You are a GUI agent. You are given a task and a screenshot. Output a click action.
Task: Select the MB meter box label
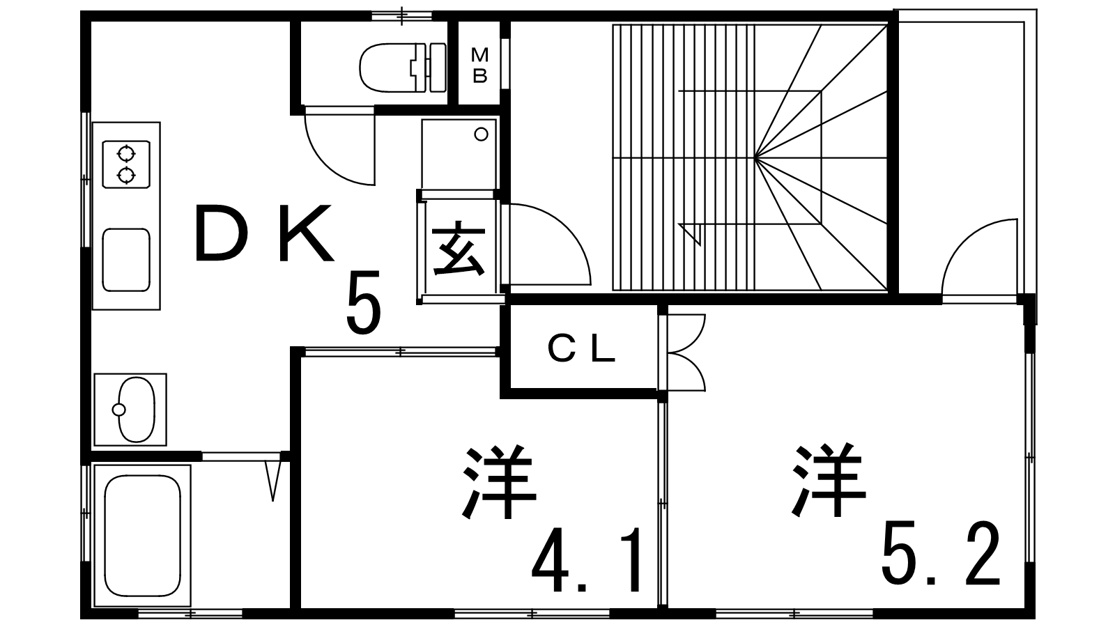tap(479, 65)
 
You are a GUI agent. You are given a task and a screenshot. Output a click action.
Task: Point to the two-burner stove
tap(126, 164)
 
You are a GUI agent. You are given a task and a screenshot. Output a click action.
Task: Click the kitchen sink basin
tap(126, 259)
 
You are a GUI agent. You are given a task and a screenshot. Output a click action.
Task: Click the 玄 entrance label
tap(458, 249)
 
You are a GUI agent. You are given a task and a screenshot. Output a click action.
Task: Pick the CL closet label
tap(581, 350)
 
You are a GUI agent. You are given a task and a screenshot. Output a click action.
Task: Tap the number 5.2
tap(941, 555)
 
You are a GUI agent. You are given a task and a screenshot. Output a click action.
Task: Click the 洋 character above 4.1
tap(498, 483)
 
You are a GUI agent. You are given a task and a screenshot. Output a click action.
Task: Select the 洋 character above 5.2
tap(829, 481)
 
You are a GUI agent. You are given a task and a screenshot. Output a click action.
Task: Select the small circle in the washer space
tap(481, 134)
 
